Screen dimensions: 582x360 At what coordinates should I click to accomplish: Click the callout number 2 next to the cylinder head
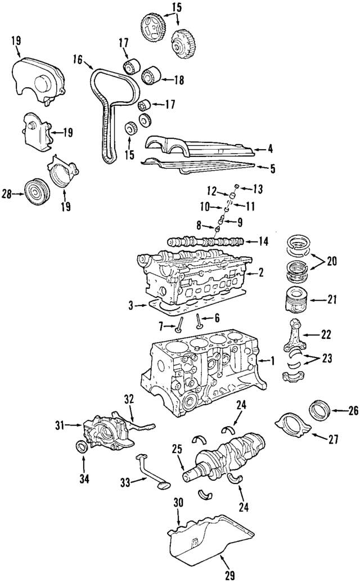(x=260, y=273)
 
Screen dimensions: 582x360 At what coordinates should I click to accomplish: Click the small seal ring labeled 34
(x=82, y=447)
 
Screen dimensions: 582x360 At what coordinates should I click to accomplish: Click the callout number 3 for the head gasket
(x=132, y=306)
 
